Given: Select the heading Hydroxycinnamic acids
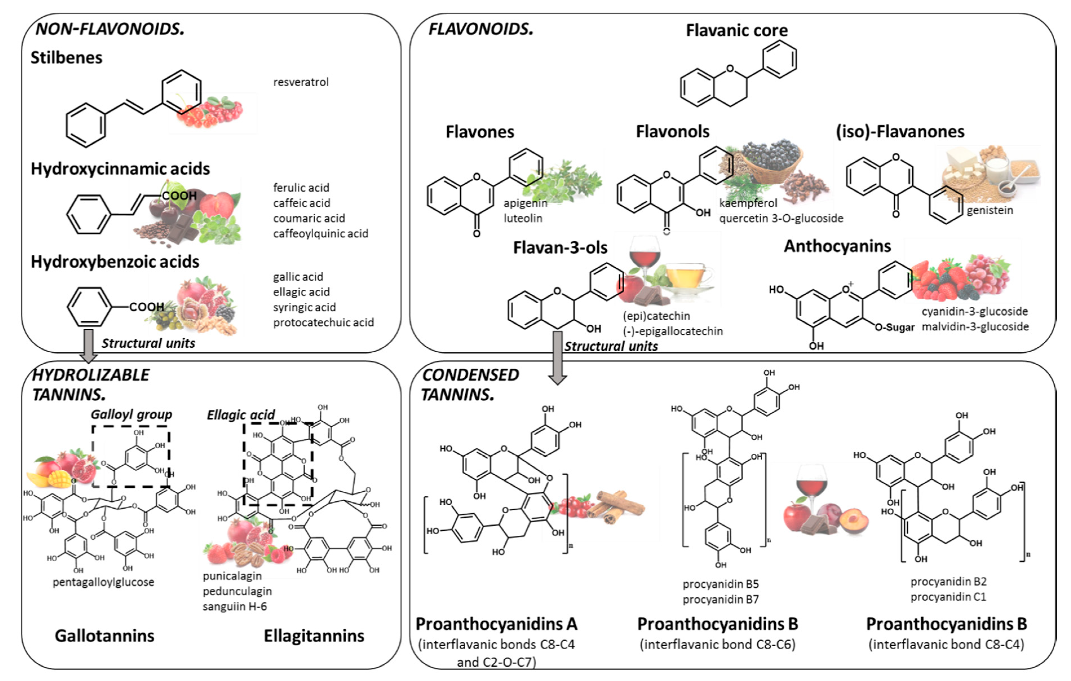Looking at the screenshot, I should pyautogui.click(x=120, y=169).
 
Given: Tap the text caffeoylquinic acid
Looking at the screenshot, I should pyautogui.click(x=320, y=233).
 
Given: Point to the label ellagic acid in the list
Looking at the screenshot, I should pyautogui.click(x=301, y=292).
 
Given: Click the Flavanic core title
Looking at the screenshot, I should pyautogui.click(x=736, y=30).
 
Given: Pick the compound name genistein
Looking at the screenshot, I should pyautogui.click(x=989, y=210).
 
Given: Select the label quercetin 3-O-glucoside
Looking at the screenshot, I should pyautogui.click(x=781, y=218).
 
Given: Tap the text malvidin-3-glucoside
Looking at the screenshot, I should pyautogui.click(x=975, y=326).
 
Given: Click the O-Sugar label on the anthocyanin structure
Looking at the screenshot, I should pyautogui.click(x=894, y=328).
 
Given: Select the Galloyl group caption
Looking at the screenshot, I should pyautogui.click(x=131, y=414).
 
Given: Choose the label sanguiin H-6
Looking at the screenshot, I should pyautogui.click(x=234, y=606).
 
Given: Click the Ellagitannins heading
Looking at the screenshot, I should pyautogui.click(x=314, y=636).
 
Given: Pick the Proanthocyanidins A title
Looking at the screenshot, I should pyautogui.click(x=496, y=624).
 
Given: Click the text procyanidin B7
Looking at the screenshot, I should pyautogui.click(x=720, y=599).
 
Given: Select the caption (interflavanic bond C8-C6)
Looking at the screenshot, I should pyautogui.click(x=717, y=644).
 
